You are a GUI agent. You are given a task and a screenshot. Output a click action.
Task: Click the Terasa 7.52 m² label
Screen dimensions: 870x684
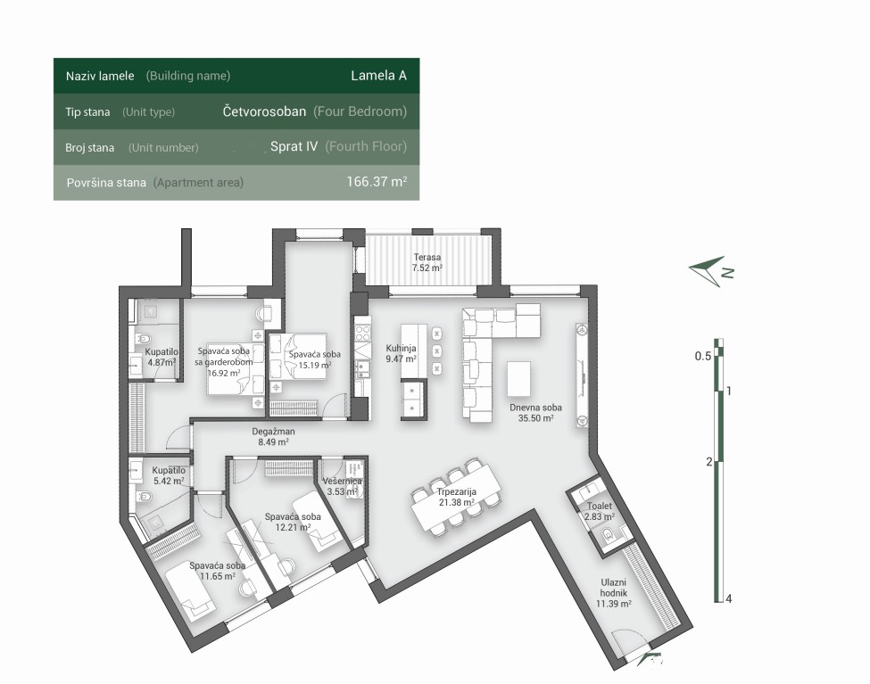click(x=427, y=262)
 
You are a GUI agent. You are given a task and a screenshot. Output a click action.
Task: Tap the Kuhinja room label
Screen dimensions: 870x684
click(x=402, y=353)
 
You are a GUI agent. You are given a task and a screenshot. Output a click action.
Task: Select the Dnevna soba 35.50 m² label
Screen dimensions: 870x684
click(x=535, y=413)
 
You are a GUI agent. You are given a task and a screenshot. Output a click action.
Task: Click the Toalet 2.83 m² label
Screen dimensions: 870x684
click(x=600, y=511)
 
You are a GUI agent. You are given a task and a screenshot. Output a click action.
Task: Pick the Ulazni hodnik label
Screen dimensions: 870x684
click(x=613, y=592)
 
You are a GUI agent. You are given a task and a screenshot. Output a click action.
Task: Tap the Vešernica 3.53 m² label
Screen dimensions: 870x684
click(x=343, y=487)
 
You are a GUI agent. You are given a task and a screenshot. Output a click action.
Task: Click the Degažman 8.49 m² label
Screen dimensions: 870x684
click(x=273, y=437)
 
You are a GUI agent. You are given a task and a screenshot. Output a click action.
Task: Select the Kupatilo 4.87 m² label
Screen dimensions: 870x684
click(x=162, y=358)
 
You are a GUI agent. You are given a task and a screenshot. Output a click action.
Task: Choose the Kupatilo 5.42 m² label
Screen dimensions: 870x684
click(x=169, y=475)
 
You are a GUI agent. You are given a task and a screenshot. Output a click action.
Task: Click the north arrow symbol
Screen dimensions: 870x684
click(x=711, y=271)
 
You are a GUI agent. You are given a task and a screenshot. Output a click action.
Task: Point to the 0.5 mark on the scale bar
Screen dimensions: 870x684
click(x=703, y=356)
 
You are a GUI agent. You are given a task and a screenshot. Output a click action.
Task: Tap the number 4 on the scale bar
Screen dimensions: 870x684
click(x=728, y=598)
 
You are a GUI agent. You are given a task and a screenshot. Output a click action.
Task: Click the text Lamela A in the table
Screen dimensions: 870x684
click(x=378, y=76)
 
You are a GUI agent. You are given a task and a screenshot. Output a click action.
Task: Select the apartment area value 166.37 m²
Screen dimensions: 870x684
click(x=377, y=181)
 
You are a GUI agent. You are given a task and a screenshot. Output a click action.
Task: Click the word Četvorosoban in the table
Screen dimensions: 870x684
click(x=264, y=111)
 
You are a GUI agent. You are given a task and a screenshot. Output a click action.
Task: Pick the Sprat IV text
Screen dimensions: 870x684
click(x=294, y=146)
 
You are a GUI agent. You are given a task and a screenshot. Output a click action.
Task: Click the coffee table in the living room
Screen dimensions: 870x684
click(x=518, y=379)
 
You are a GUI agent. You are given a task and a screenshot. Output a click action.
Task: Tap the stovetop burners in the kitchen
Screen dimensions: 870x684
click(x=363, y=334)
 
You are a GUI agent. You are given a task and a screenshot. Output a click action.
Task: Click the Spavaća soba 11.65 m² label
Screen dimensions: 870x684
click(x=218, y=571)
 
